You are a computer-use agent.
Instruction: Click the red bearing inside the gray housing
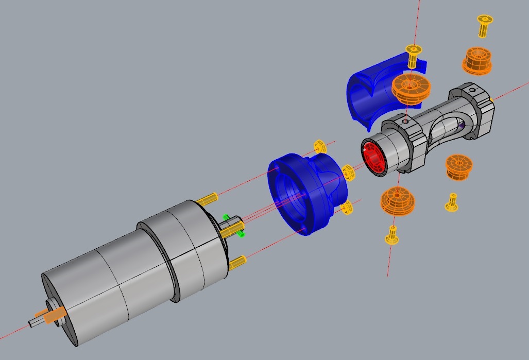coord(375,158)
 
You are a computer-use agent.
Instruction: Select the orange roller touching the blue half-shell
coord(411,89)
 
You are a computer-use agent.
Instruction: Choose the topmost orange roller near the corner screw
coord(477,61)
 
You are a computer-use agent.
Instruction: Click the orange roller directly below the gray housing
coord(398,201)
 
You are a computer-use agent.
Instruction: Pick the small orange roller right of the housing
coord(459,167)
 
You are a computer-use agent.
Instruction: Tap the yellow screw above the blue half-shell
coord(414,54)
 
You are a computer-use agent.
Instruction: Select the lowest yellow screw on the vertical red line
coord(393,235)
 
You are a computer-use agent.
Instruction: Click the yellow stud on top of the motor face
coord(207,198)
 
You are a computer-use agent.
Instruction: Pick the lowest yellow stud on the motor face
coord(237,264)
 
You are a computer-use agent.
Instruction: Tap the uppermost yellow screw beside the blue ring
coord(320,146)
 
